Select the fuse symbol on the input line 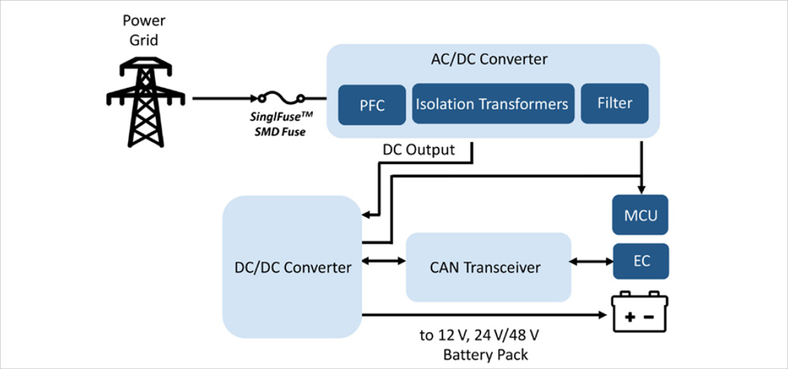278,99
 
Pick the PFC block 373,104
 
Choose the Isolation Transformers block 492,104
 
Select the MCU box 641,215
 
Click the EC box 641,262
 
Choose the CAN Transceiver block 488,266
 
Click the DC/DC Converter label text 292,267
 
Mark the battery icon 642,313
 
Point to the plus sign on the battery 630,317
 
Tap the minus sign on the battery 650,317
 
